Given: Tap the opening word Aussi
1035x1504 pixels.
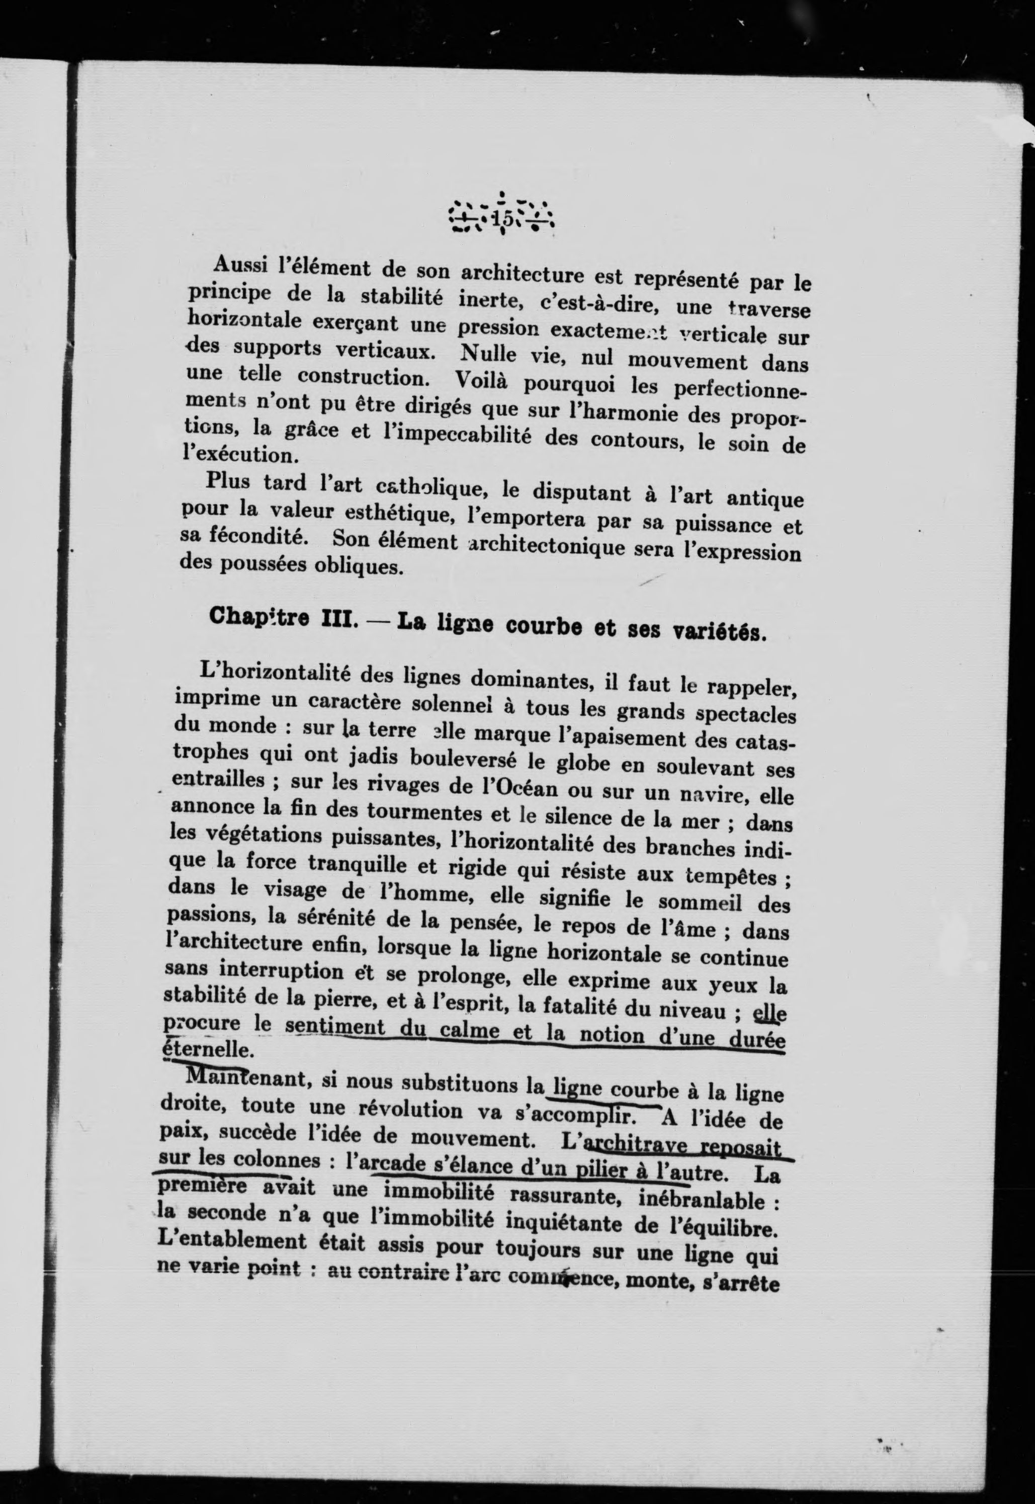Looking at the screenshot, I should tap(237, 265).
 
